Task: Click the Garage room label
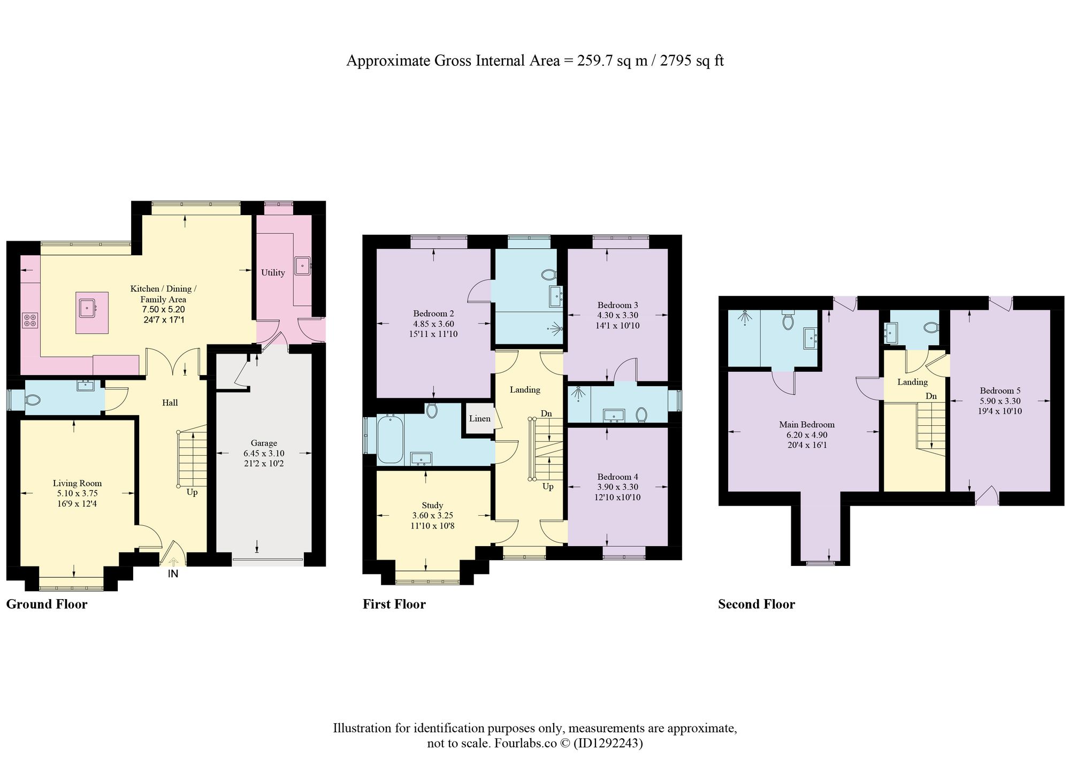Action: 264,443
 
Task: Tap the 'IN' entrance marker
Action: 173,574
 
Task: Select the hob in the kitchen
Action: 30,320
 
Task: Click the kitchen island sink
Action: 87,308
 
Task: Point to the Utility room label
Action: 273,273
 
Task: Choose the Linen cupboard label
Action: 479,418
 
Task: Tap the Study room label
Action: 432,506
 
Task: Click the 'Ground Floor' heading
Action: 47,604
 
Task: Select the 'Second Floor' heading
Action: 756,604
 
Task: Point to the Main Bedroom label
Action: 806,425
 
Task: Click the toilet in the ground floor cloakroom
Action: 33,400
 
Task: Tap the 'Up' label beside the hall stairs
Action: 192,492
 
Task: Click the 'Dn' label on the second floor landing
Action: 931,396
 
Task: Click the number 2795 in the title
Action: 676,60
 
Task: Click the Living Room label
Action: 77,484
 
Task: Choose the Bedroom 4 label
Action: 617,477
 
